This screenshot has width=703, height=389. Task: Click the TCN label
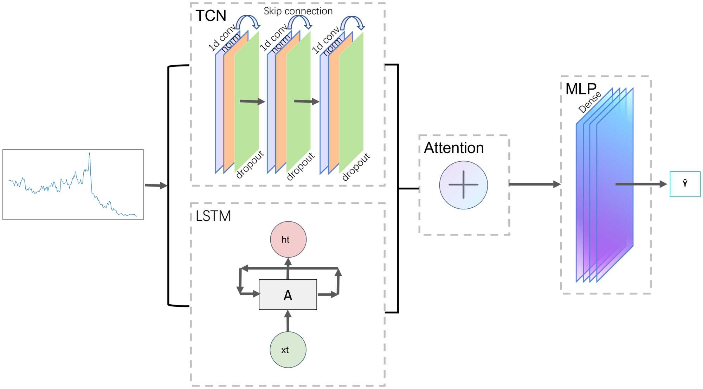(x=211, y=16)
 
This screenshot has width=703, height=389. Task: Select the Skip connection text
(x=298, y=11)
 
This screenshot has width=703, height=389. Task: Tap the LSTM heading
(x=213, y=216)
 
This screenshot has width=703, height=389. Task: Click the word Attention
(x=454, y=148)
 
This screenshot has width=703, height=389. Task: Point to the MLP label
(x=581, y=89)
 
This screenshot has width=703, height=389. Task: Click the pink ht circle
(x=288, y=239)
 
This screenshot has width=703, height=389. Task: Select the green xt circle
(x=288, y=350)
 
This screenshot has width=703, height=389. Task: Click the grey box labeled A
(x=288, y=294)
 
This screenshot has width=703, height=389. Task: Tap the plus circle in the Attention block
(x=463, y=185)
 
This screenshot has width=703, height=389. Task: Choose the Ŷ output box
(x=685, y=184)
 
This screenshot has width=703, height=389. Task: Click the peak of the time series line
(x=90, y=154)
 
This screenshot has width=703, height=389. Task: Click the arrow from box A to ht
(x=288, y=269)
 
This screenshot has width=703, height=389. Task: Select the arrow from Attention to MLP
(x=534, y=184)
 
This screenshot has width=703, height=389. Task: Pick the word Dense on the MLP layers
(x=590, y=102)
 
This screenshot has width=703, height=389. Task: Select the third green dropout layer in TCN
(x=351, y=102)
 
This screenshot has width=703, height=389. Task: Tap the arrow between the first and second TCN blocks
(x=252, y=102)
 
